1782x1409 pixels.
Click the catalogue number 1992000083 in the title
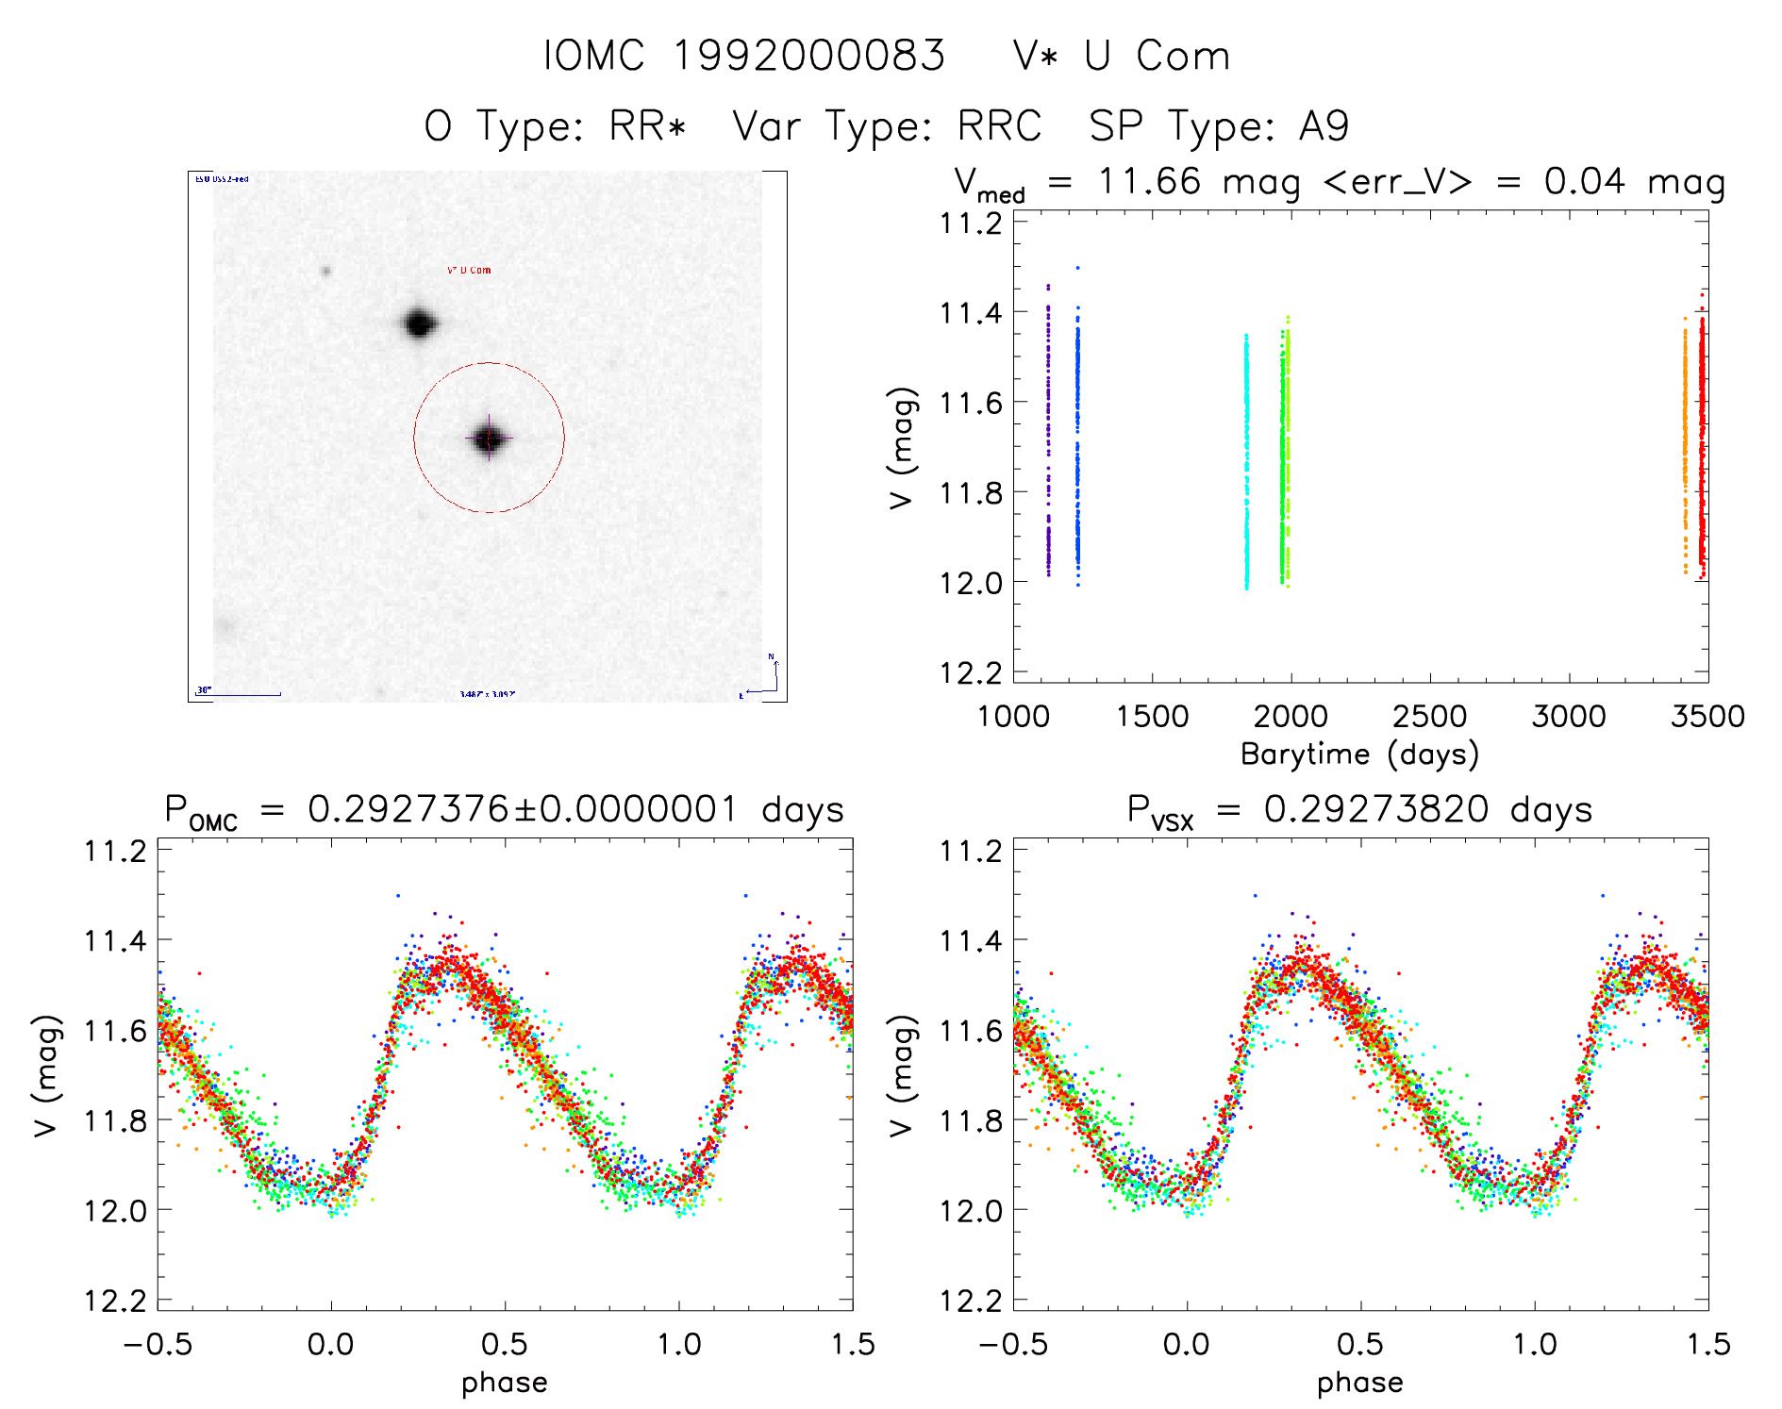pyautogui.click(x=808, y=56)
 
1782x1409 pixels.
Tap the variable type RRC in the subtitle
pyautogui.click(x=999, y=126)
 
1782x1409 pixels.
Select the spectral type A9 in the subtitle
pyautogui.click(x=1324, y=126)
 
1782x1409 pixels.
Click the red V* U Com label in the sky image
pyautogui.click(x=469, y=271)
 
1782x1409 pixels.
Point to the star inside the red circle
pyautogui.click(x=489, y=439)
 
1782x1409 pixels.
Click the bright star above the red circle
pyautogui.click(x=419, y=323)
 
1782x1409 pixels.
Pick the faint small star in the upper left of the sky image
pyautogui.click(x=326, y=272)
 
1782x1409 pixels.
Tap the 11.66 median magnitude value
pyautogui.click(x=1149, y=181)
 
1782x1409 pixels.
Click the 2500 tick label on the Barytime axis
pyautogui.click(x=1429, y=717)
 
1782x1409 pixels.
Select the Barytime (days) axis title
pyautogui.click(x=1359, y=754)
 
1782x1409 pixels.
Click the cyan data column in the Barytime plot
pyautogui.click(x=1246, y=462)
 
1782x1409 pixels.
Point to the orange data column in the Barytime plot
pyautogui.click(x=1685, y=443)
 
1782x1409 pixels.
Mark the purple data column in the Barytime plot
pyautogui.click(x=1048, y=434)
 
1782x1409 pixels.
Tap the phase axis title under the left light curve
pyautogui.click(x=504, y=1383)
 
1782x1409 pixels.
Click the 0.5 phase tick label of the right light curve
pyautogui.click(x=1359, y=1344)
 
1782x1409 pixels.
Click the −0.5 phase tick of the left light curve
pyautogui.click(x=158, y=1344)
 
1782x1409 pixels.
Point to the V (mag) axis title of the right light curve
pyautogui.click(x=902, y=1075)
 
